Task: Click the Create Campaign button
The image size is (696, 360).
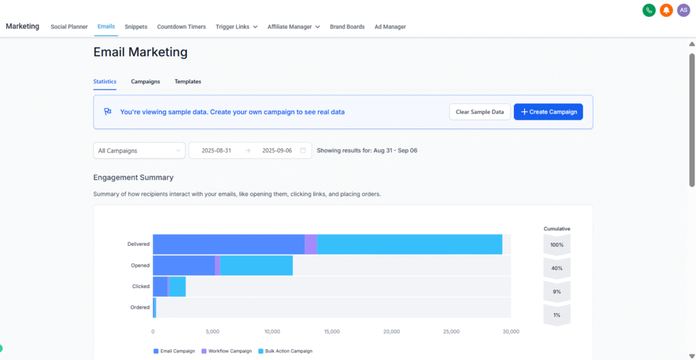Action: click(548, 112)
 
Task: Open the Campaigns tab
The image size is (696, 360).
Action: click(145, 82)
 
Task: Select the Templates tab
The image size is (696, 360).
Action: click(188, 82)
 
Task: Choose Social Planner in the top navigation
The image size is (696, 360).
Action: click(69, 27)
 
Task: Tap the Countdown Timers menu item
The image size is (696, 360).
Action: click(181, 27)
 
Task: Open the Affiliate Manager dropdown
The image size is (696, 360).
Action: click(294, 27)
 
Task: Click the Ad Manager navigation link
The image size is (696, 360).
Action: click(390, 27)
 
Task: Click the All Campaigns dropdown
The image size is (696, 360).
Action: click(139, 150)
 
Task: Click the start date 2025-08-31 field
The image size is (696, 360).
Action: click(216, 150)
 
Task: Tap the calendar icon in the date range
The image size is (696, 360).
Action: click(303, 150)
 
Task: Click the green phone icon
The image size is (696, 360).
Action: click(649, 10)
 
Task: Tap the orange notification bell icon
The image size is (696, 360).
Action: click(667, 10)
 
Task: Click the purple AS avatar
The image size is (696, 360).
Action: click(684, 10)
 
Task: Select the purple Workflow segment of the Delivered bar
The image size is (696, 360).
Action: click(311, 245)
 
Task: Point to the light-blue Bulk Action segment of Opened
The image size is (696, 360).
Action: click(256, 266)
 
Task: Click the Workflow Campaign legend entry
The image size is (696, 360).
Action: click(227, 351)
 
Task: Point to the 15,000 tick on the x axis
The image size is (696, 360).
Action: click(332, 331)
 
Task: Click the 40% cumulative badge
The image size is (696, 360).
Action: click(557, 268)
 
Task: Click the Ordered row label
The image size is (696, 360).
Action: click(140, 308)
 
